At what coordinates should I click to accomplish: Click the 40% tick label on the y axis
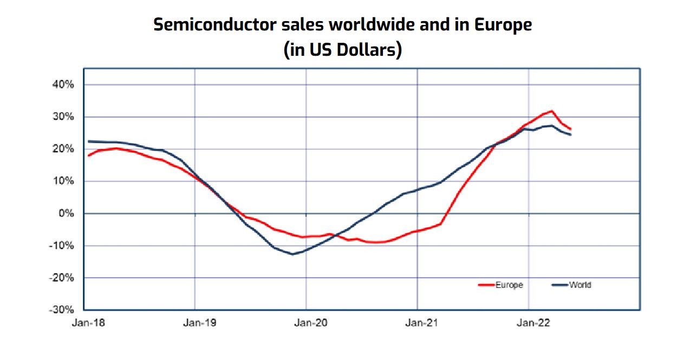63,85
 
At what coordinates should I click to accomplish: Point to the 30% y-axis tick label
63,117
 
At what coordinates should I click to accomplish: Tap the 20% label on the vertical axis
63,149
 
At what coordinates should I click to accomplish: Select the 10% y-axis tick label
63,181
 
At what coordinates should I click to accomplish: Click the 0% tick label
66,213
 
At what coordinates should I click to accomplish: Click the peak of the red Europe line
551,111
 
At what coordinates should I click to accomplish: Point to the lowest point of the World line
292,254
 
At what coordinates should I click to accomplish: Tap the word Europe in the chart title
503,25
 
